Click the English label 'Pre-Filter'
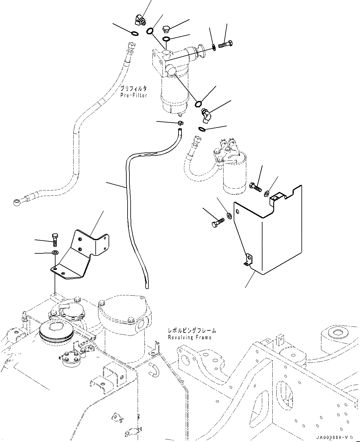[134, 95]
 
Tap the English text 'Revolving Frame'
[190, 337]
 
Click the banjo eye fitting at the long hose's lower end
[17, 202]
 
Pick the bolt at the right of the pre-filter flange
[226, 45]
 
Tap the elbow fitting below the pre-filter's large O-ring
[205, 116]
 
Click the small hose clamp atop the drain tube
[180, 123]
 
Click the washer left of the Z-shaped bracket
[55, 253]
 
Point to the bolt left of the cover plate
[217, 222]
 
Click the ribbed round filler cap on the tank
[56, 332]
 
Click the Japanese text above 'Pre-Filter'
[133, 89]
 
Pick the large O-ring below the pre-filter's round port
[198, 103]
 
